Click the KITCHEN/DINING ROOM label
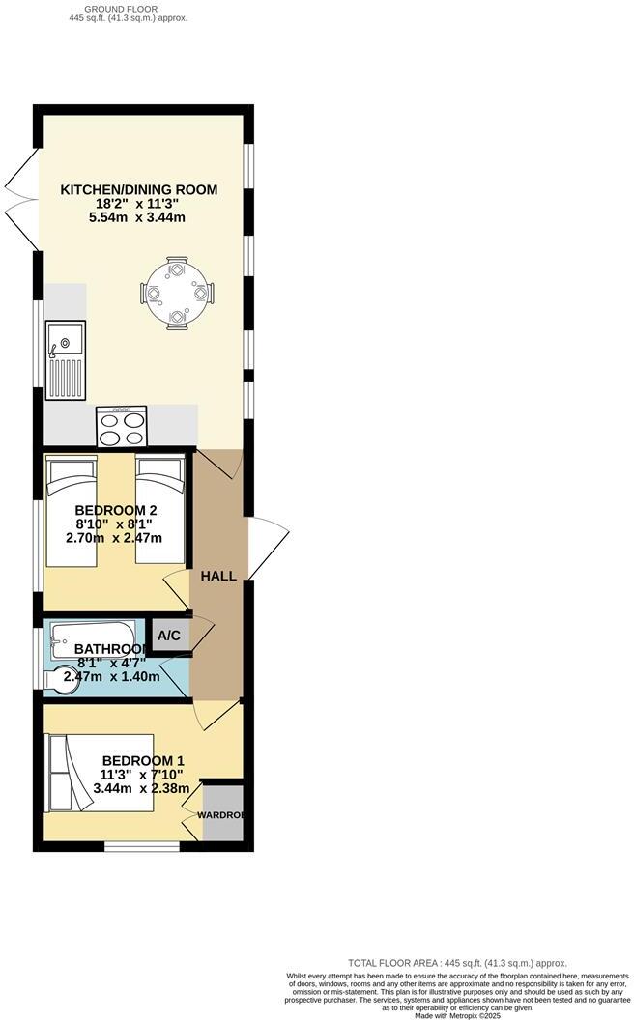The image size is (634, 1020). tap(139, 189)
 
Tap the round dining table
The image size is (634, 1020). tap(176, 292)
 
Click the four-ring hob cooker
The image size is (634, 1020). tap(122, 426)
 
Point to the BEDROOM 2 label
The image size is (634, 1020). tap(116, 510)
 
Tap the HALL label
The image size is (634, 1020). tap(218, 576)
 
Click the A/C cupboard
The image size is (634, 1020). tap(169, 635)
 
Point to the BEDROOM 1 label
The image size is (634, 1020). tap(143, 760)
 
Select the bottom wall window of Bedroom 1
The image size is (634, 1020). tap(142, 847)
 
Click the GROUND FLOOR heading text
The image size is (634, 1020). tap(129, 8)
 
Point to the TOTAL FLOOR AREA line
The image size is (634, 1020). tap(457, 963)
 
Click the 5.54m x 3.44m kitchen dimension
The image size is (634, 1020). tap(139, 217)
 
